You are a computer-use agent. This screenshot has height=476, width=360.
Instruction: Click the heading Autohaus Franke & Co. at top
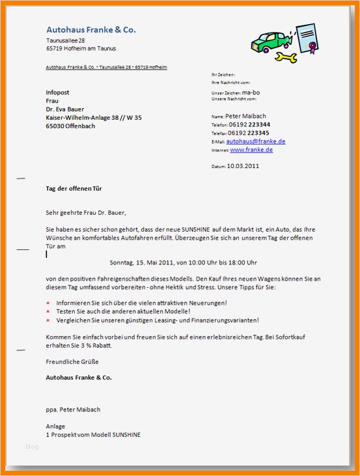[x=90, y=30]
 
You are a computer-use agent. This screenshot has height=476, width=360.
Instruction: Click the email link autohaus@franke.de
[x=255, y=141]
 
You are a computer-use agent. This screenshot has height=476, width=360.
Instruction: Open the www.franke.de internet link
[x=251, y=150]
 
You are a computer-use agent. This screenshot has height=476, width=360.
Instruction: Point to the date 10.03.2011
[x=243, y=166]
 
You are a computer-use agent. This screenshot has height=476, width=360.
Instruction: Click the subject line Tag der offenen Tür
[x=74, y=188]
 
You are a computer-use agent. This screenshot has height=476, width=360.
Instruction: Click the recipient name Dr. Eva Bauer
[x=64, y=109]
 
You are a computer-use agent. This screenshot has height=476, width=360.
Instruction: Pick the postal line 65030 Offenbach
[x=70, y=126]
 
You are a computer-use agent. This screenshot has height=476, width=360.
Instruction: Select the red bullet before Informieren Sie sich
[x=48, y=303]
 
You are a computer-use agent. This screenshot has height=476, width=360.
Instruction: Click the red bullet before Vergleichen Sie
[x=48, y=320]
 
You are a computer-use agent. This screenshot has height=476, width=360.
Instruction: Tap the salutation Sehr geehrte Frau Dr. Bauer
[x=85, y=212]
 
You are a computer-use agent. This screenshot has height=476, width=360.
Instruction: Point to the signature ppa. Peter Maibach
[x=73, y=410]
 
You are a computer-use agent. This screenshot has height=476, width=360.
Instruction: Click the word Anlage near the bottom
[x=55, y=427]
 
